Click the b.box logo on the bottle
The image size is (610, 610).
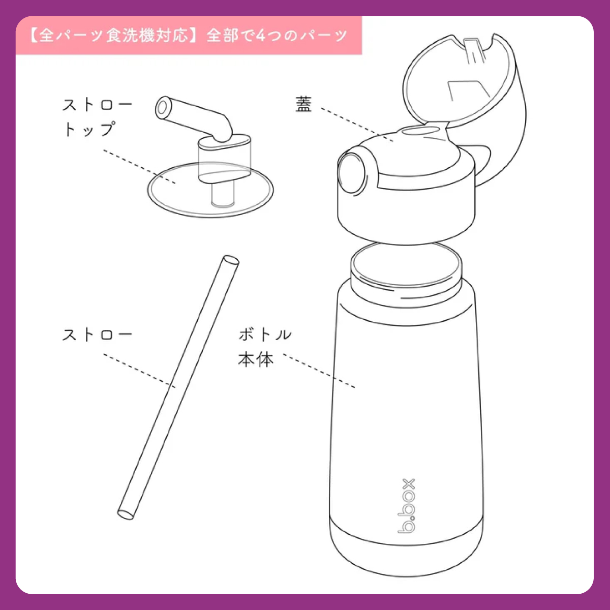coord(407,506)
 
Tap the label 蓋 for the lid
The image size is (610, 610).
coord(304,104)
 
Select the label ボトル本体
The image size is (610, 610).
coord(265,347)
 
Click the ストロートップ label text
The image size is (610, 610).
coord(97,117)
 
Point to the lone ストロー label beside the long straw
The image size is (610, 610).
coord(97,335)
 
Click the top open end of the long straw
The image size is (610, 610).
coord(231,260)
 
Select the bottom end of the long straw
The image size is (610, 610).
coord(126,514)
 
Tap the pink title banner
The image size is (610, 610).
coord(189,35)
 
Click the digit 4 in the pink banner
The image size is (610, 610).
coord(261,36)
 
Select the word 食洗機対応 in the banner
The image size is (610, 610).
coord(147,36)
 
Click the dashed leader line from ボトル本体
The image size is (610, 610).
coord(319,371)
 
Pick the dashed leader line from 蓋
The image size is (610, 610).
coord(357,125)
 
